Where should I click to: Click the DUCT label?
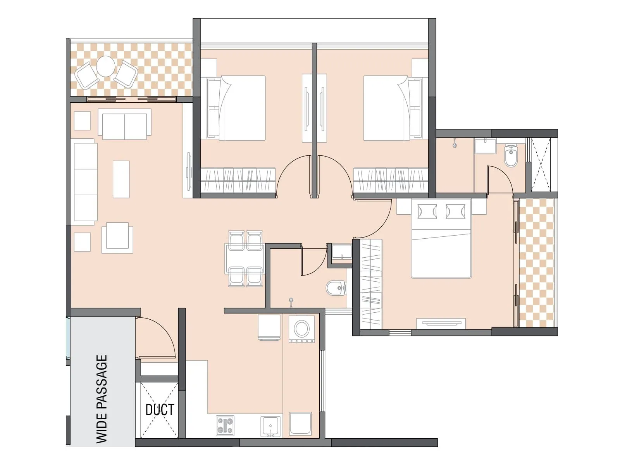160,410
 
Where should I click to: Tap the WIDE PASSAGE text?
102,399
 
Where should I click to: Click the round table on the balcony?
105,67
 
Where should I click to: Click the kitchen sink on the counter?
270,426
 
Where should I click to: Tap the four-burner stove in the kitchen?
225,425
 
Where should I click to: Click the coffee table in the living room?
121,179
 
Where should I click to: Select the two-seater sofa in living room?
124,124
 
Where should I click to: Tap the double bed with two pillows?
441,239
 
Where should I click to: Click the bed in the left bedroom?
237,108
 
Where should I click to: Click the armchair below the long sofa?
117,237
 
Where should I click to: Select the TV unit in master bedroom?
441,323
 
